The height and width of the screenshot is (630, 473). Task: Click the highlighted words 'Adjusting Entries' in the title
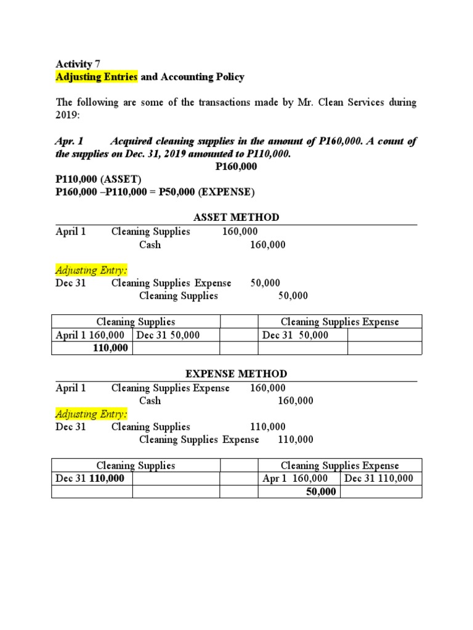click(97, 77)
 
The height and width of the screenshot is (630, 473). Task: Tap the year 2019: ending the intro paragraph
click(68, 115)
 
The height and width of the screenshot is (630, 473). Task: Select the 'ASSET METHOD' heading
click(236, 217)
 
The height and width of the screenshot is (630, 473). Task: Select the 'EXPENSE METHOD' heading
click(236, 374)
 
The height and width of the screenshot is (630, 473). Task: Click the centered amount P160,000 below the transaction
click(236, 167)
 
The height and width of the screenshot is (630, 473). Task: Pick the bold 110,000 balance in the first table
click(110, 348)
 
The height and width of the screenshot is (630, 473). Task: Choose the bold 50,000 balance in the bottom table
click(321, 492)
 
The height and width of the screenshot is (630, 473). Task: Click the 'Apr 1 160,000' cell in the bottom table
click(299, 479)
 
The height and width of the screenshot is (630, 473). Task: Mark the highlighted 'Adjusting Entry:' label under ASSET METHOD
click(92, 270)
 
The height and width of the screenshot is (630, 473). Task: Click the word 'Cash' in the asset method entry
click(150, 245)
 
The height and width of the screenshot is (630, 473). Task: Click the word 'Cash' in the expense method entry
click(150, 401)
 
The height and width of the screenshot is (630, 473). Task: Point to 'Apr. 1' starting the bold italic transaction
click(69, 142)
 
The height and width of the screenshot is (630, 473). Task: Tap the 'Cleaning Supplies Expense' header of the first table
click(339, 322)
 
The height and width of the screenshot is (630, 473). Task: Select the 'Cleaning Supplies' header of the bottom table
click(135, 466)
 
